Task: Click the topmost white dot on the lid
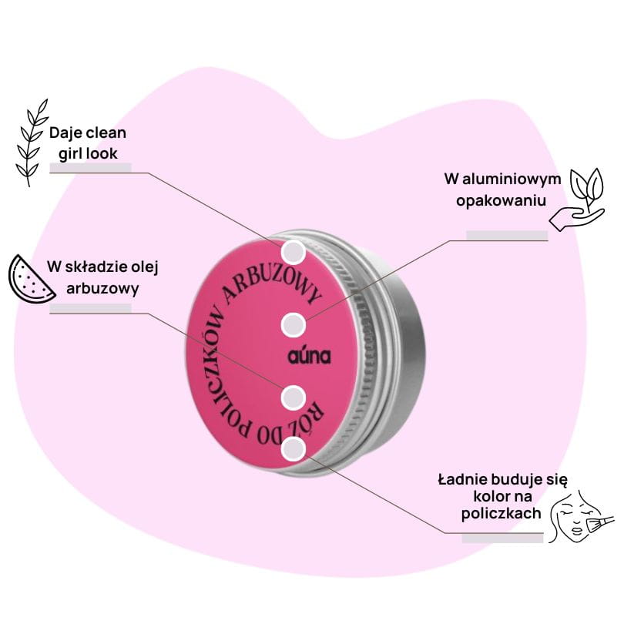click(294, 251)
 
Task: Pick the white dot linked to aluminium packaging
click(294, 325)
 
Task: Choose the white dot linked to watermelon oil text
click(293, 398)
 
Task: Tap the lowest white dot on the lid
click(293, 449)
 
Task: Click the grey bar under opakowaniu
click(507, 235)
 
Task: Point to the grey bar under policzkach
click(502, 537)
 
